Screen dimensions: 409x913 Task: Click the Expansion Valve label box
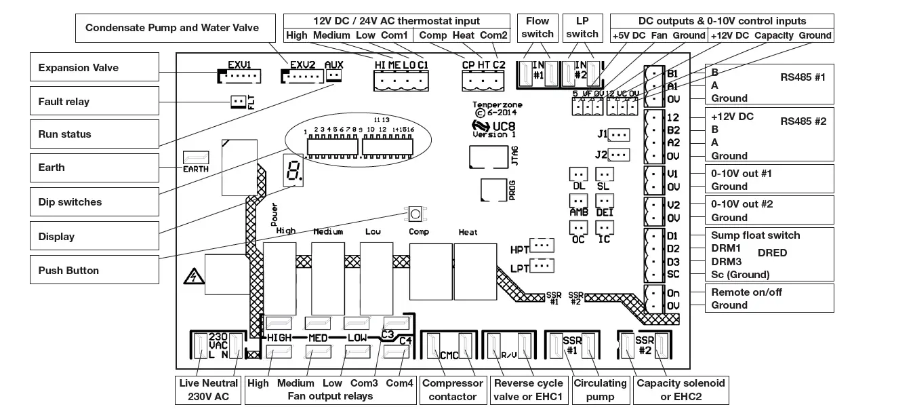pyautogui.click(x=94, y=68)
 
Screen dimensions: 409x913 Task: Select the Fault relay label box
pyautogui.click(x=94, y=101)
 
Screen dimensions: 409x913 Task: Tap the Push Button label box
pyautogui.click(x=94, y=270)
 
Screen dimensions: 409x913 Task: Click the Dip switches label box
pyautogui.click(x=94, y=202)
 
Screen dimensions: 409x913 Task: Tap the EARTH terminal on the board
pyautogui.click(x=196, y=158)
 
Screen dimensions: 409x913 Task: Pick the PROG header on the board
pyautogui.click(x=493, y=190)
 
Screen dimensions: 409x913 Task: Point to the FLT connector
pyautogui.click(x=238, y=102)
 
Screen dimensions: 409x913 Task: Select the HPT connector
pyautogui.click(x=542, y=245)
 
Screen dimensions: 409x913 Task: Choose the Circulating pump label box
pyautogui.click(x=600, y=389)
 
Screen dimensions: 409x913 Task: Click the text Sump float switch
pyautogui.click(x=755, y=235)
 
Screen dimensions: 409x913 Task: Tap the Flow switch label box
pyautogui.click(x=537, y=27)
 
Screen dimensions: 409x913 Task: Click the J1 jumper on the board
pyautogui.click(x=618, y=134)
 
